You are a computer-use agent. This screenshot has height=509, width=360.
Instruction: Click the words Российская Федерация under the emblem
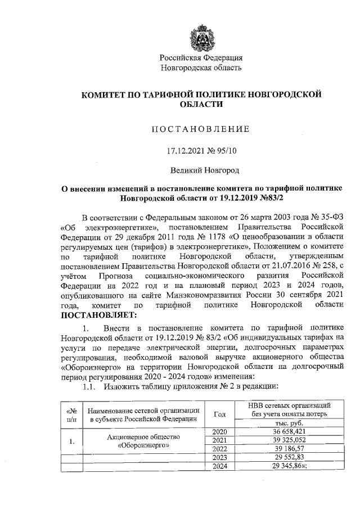pos(201,58)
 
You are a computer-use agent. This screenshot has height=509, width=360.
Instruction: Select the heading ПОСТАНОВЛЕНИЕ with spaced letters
pos(201,129)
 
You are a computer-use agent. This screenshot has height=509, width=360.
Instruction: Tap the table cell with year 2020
pos(219,431)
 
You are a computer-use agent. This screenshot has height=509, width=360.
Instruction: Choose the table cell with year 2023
pos(219,458)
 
